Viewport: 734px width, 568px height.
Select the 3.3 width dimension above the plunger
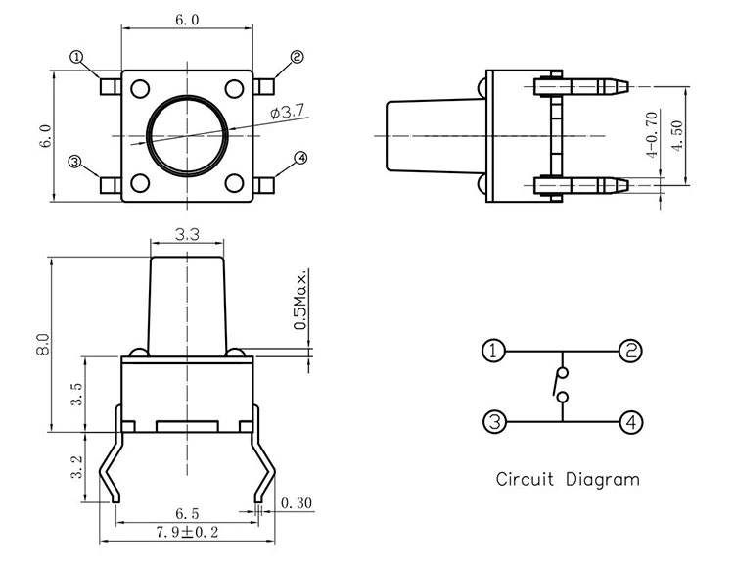[x=188, y=234]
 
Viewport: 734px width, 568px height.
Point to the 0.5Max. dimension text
[x=300, y=298]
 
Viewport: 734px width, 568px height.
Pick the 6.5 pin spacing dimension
[x=188, y=513]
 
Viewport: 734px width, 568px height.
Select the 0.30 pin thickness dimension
[x=296, y=504]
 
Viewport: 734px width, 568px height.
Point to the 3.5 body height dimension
[x=76, y=394]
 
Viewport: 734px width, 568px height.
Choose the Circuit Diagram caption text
[x=567, y=480]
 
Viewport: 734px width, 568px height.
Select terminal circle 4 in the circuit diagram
[x=631, y=422]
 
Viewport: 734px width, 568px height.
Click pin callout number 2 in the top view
[x=298, y=58]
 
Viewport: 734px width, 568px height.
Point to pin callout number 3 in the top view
[x=74, y=162]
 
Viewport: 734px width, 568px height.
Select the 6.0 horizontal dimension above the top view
[x=188, y=20]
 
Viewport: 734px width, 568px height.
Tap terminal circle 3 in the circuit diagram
[x=495, y=422]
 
